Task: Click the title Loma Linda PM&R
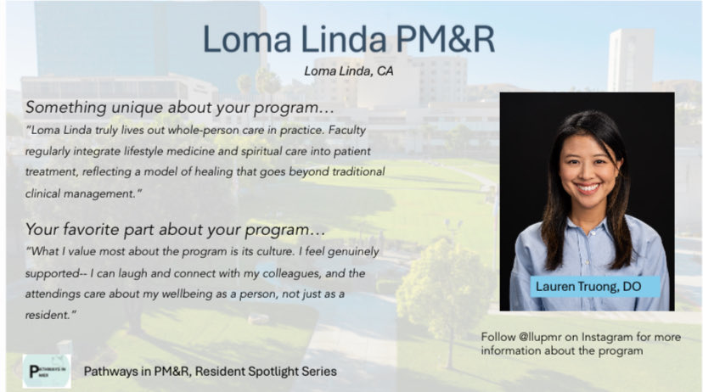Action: tap(348, 40)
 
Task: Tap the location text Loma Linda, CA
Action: tap(348, 71)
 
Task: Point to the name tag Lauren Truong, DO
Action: tap(588, 287)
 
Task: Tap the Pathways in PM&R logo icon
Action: tap(46, 371)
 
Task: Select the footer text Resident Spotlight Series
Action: tap(271, 372)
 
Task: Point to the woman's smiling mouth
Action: tap(588, 188)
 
